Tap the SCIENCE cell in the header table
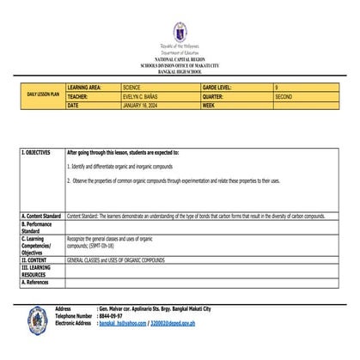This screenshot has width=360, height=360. pyautogui.click(x=137, y=87)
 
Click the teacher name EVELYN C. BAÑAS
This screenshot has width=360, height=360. pyautogui.click(x=145, y=96)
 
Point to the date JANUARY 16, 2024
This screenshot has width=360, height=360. pyautogui.click(x=146, y=105)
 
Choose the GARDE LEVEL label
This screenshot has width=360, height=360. pyautogui.click(x=221, y=87)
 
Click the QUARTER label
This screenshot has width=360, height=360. pyautogui.click(x=217, y=96)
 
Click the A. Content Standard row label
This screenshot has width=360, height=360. pyautogui.click(x=40, y=216)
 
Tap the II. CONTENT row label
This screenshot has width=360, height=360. pyautogui.click(x=35, y=259)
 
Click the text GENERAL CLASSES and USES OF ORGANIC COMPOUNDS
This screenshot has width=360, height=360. pyautogui.click(x=116, y=259)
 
